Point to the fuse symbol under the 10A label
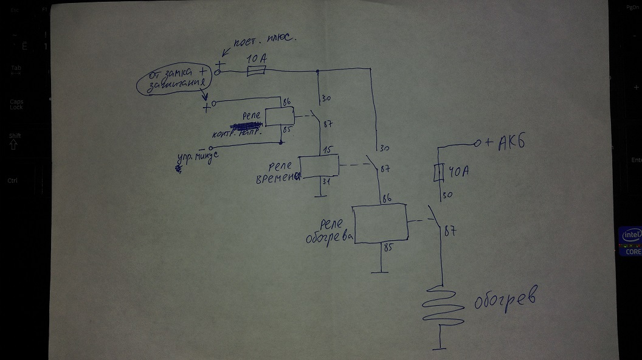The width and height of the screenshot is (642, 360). pos(255,72)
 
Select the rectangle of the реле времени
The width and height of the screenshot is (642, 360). pos(319,166)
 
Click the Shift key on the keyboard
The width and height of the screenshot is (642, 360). pos(15,140)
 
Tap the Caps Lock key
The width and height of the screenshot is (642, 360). pos(16,104)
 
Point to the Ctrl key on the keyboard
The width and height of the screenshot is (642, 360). pos(12,181)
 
